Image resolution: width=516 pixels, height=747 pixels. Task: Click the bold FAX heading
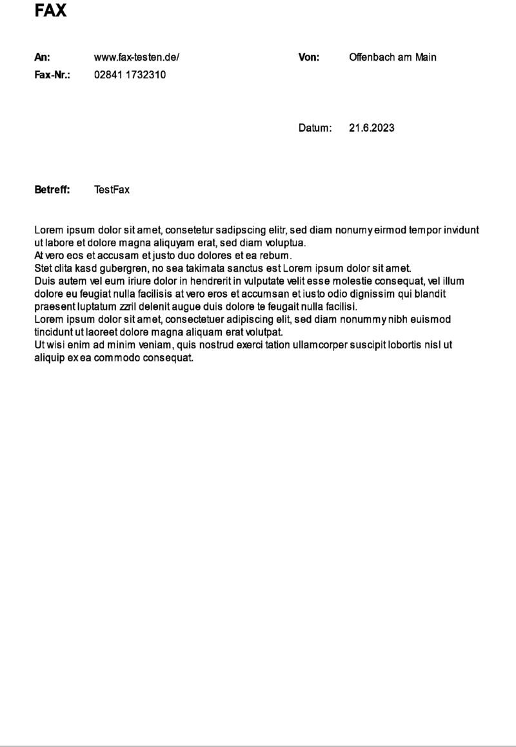51,11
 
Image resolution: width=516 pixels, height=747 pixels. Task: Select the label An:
42,57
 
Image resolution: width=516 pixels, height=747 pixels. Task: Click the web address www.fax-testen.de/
137,57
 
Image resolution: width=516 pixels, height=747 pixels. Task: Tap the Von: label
309,57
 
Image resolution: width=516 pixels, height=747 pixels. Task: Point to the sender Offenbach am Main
392,57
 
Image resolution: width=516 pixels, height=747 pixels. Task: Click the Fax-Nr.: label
52,75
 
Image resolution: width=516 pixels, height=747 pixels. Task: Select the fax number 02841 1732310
130,75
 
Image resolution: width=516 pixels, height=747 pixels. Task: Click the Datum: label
315,128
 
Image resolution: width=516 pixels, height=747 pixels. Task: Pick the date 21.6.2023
372,128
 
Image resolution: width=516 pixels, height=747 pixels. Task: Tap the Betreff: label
52,190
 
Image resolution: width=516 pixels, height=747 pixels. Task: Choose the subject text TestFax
112,190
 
